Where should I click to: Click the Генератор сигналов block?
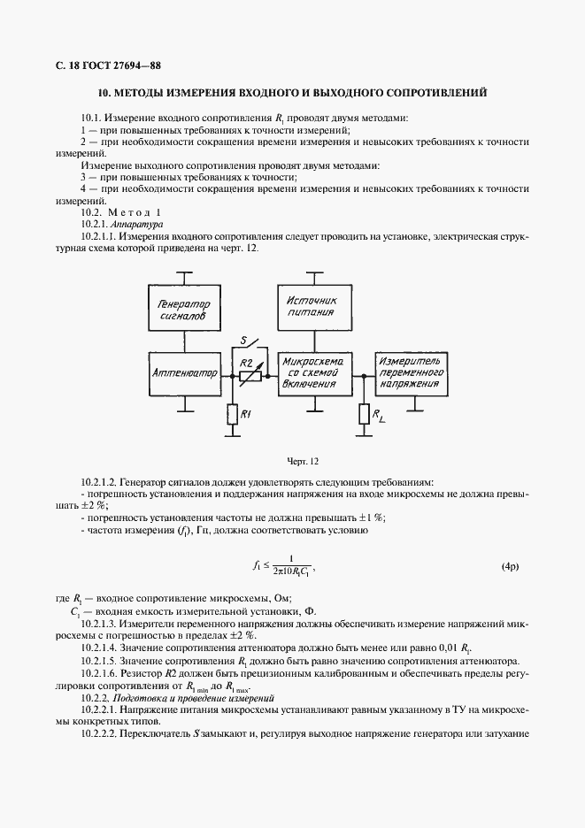[x=184, y=309]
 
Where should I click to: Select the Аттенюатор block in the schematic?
[x=184, y=374]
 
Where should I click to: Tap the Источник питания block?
[x=316, y=307]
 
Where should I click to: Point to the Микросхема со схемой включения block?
[x=316, y=374]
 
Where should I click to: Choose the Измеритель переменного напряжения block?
[x=411, y=374]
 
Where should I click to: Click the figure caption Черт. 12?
[x=303, y=461]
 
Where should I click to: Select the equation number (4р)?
[x=512, y=564]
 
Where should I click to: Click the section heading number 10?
[x=104, y=92]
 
